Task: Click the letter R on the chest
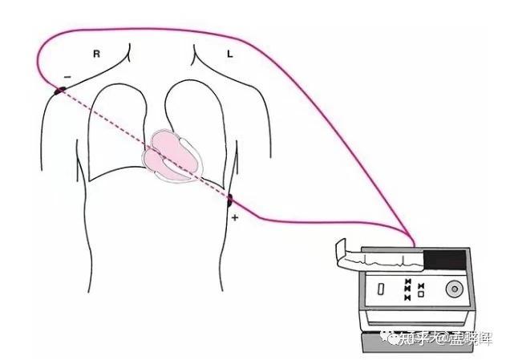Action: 96,54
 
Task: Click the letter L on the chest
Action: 229,54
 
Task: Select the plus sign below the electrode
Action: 235,217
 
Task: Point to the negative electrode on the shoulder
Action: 59,88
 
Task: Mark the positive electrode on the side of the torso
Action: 230,200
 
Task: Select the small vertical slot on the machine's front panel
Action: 380,287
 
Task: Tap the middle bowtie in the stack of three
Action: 408,289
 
